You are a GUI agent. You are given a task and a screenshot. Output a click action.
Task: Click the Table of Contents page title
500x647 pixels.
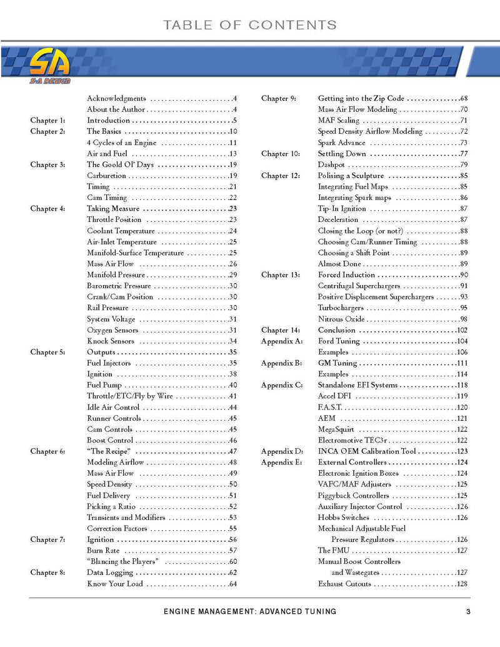pyautogui.click(x=249, y=26)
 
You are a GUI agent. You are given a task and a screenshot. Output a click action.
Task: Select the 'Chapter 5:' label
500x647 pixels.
pyautogui.click(x=47, y=353)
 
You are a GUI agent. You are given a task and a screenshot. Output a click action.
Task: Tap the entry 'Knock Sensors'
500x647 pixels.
pyautogui.click(x=111, y=341)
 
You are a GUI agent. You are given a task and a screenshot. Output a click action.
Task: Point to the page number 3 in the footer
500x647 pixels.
pyautogui.click(x=467, y=611)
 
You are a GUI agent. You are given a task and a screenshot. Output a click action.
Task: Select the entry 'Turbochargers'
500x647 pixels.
pyautogui.click(x=341, y=308)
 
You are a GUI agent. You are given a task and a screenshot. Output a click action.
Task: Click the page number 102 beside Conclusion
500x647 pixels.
pyautogui.click(x=462, y=330)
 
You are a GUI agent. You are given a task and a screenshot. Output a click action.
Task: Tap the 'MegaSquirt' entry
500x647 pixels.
pyautogui.click(x=336, y=429)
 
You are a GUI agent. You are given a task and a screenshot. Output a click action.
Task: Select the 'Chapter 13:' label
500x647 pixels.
pyautogui.click(x=279, y=275)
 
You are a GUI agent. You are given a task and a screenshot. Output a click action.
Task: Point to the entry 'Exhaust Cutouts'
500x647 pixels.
pyautogui.click(x=344, y=584)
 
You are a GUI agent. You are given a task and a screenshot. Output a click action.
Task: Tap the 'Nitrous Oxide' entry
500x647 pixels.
pyautogui.click(x=341, y=319)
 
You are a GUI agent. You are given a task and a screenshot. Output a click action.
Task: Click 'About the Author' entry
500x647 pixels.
pyautogui.click(x=116, y=110)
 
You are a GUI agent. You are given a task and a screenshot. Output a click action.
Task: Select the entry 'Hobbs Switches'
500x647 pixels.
pyautogui.click(x=343, y=518)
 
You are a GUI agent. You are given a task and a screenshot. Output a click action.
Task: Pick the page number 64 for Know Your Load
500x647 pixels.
pyautogui.click(x=232, y=584)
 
